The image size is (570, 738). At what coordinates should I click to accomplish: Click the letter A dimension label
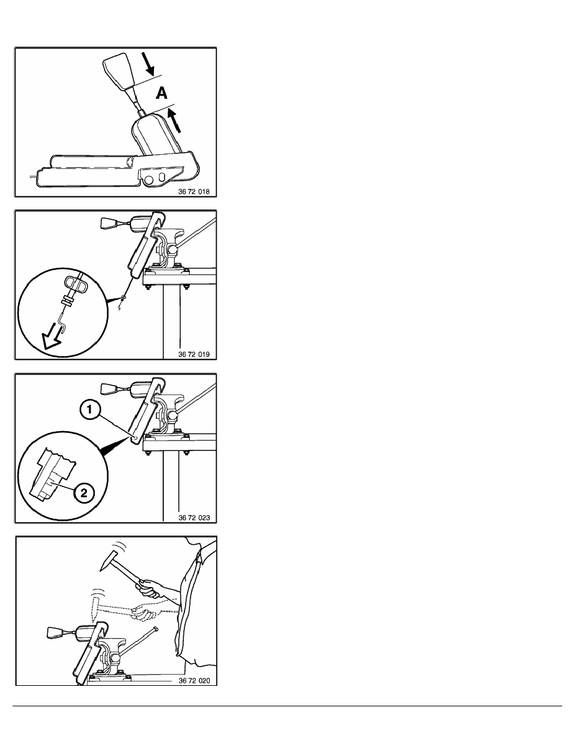pos(161,93)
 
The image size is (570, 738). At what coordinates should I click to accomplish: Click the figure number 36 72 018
pos(194,191)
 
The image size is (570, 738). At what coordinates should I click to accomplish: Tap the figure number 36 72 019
pos(194,354)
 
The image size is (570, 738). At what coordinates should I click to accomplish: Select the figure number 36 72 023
pos(194,517)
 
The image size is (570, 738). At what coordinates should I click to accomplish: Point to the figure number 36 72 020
pos(194,681)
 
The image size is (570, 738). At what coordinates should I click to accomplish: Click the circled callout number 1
pos(89,409)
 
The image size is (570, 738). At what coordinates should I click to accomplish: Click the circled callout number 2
pos(84,493)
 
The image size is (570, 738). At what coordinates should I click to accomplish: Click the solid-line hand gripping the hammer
pos(150,588)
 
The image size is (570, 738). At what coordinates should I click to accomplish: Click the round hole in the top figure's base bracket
pos(150,179)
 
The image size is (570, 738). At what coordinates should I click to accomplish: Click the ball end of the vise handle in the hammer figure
pos(155,628)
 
